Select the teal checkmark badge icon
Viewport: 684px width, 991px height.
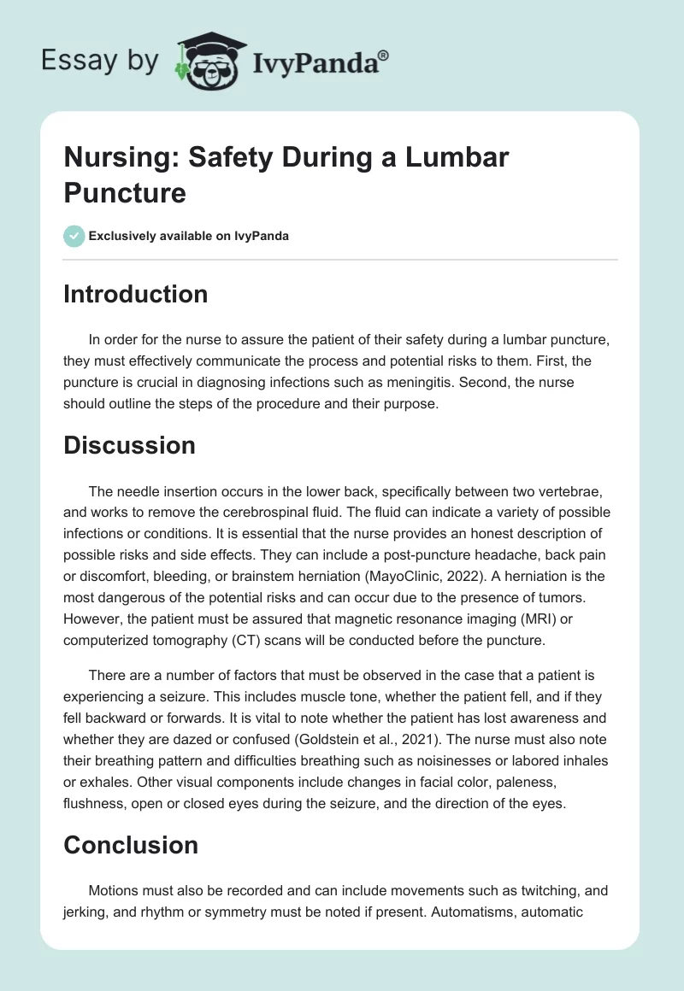[x=74, y=236]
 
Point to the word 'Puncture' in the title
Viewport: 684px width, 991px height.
[x=125, y=192]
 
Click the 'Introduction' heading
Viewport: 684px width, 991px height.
[x=135, y=294]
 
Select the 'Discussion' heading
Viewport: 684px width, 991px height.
[x=129, y=445]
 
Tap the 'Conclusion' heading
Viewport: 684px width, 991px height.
[x=131, y=845]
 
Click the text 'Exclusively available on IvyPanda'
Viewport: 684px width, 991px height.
[x=189, y=236]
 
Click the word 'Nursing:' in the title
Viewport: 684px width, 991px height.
[x=117, y=157]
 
